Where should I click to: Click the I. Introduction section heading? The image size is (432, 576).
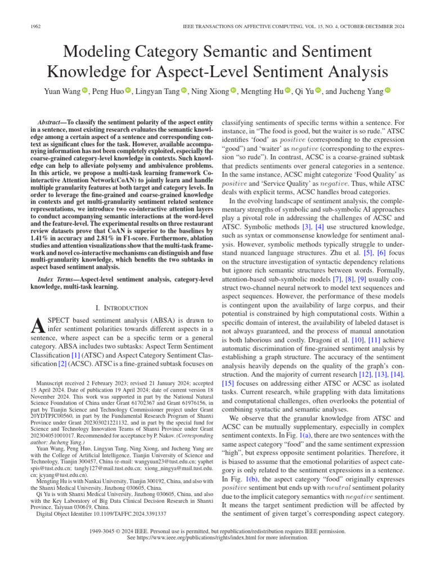122,308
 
